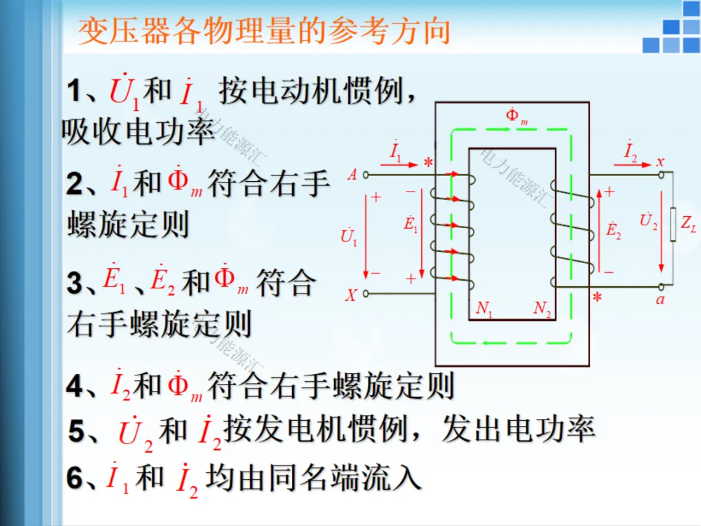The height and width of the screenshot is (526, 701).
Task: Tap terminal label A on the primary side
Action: point(352,174)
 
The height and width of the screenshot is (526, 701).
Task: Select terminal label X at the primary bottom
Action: point(350,295)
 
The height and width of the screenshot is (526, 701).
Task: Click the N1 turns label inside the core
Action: point(484,309)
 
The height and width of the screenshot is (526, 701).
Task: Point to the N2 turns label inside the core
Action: point(542,309)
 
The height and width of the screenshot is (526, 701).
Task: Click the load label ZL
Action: point(689,224)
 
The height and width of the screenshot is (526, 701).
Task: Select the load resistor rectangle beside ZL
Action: point(672,225)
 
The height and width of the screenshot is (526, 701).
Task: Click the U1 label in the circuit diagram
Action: point(349,236)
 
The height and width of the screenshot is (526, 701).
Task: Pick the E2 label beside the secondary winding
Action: point(613,231)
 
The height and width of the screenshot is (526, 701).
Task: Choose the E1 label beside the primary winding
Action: point(411,225)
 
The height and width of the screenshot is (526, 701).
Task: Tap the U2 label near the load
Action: point(648,221)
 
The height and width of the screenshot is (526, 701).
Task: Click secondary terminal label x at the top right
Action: point(661,162)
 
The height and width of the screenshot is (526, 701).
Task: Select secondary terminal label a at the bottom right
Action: point(660,300)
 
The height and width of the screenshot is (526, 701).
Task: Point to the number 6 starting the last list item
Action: point(75,479)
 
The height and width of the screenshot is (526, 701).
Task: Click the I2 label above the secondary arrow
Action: point(630,152)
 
